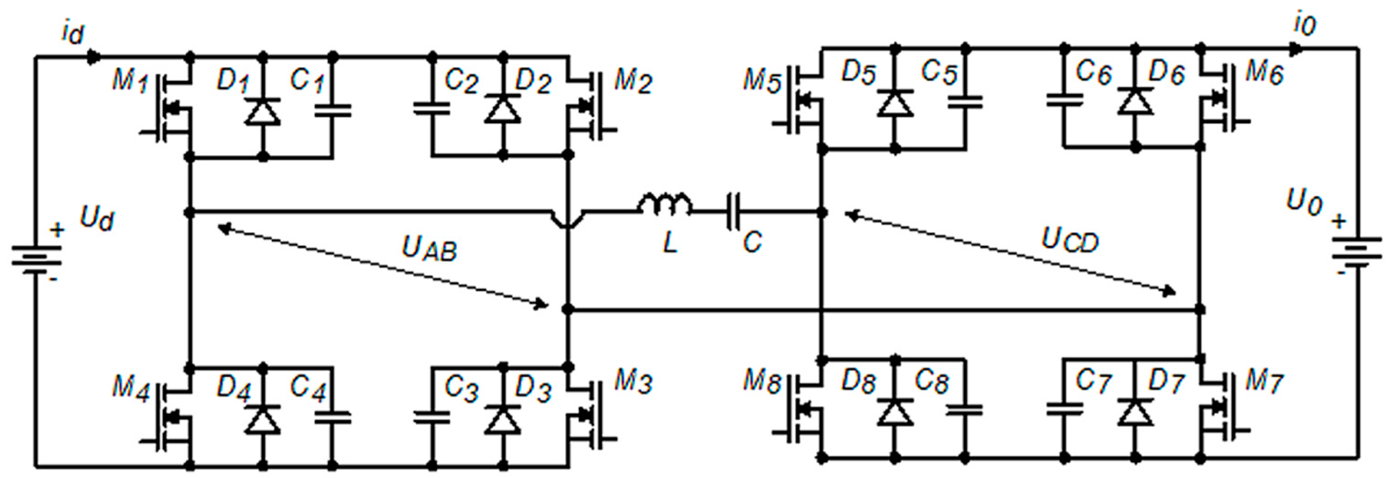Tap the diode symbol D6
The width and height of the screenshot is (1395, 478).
[x=1135, y=101]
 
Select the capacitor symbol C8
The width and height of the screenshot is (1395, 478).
[x=965, y=410]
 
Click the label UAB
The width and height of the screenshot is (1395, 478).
[x=429, y=249]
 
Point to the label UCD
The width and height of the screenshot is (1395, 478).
[x=1069, y=240]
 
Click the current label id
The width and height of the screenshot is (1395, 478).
[x=73, y=33]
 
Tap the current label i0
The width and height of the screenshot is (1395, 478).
[x=1305, y=26]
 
